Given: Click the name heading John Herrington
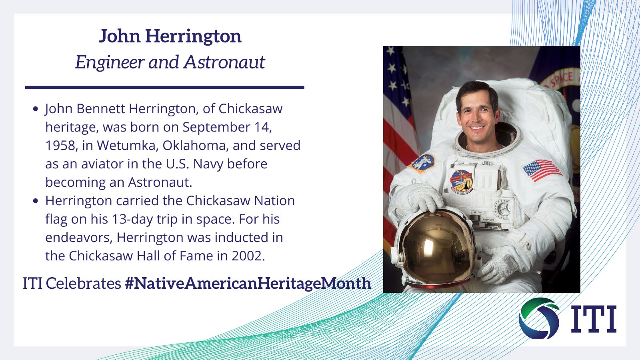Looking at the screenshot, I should [170, 36].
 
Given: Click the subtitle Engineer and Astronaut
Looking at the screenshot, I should [170, 62].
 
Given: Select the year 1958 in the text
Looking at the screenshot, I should [60, 145].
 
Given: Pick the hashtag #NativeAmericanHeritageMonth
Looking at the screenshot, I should [248, 283].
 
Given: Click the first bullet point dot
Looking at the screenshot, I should [36, 109].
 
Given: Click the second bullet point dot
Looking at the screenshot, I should [36, 201].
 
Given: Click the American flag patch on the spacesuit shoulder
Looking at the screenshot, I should [542, 170].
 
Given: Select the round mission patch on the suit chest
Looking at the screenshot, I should [461, 181].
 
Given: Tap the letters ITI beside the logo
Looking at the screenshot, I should [593, 319].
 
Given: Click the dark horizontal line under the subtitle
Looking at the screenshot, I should [164, 87].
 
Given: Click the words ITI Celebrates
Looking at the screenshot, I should [72, 283].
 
